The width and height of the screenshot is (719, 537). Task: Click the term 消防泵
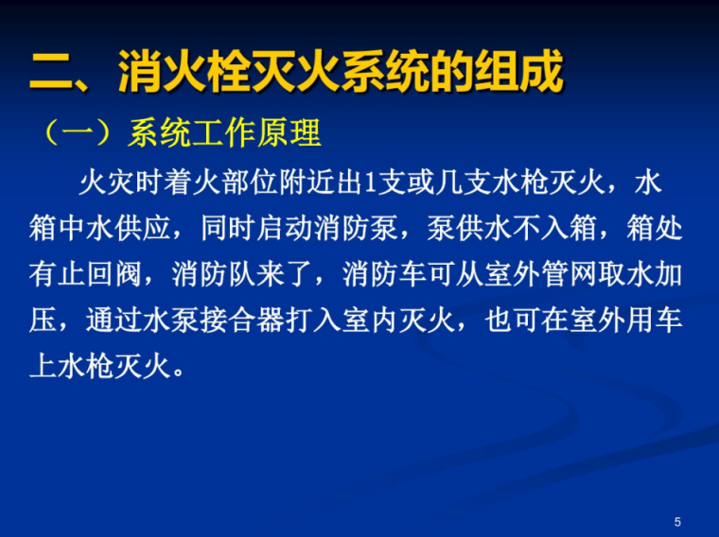point(364,228)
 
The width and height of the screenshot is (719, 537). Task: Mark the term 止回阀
point(114,274)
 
